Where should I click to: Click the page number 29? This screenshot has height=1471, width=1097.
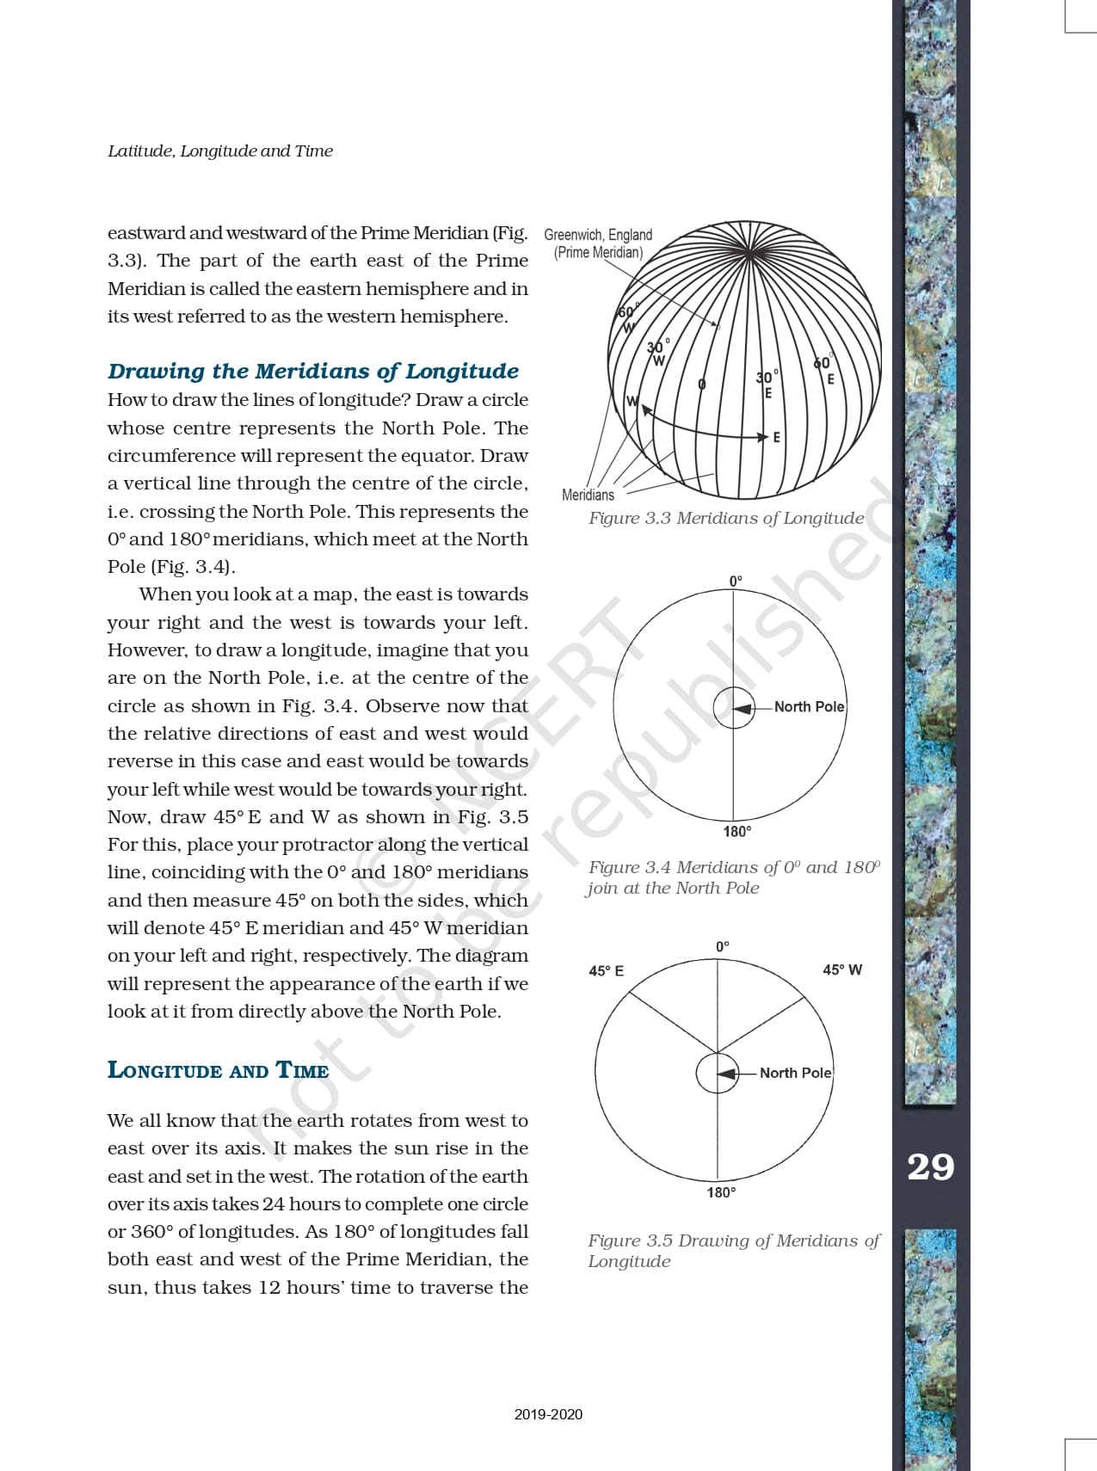click(x=931, y=1166)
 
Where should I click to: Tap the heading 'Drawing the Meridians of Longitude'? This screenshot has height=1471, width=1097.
click(x=313, y=371)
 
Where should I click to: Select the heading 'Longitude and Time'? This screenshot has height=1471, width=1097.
click(x=218, y=1070)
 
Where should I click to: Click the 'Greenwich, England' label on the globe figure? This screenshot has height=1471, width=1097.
click(x=598, y=235)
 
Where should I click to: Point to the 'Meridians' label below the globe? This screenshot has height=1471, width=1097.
click(x=588, y=495)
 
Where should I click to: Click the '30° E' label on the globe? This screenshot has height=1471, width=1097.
click(x=767, y=384)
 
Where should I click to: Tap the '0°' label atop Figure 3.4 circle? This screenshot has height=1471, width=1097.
click(x=736, y=582)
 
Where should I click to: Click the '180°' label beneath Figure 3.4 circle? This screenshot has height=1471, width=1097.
click(x=736, y=831)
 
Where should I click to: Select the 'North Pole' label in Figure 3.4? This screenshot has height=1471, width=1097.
click(x=809, y=706)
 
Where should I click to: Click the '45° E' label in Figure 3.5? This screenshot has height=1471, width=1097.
click(x=606, y=970)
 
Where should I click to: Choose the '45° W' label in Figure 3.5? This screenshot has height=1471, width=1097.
click(x=841, y=969)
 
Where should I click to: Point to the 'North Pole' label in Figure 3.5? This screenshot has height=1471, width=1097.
click(x=795, y=1073)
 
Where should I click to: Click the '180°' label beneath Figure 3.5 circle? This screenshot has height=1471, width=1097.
click(x=721, y=1192)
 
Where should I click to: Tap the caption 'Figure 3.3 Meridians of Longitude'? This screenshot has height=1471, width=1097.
click(x=726, y=518)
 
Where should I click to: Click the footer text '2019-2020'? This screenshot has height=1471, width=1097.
click(x=548, y=1414)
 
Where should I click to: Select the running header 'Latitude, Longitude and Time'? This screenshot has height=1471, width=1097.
click(x=220, y=151)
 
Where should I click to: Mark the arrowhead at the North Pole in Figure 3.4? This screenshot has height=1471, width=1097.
click(x=742, y=708)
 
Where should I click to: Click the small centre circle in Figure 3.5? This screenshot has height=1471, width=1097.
click(x=717, y=1073)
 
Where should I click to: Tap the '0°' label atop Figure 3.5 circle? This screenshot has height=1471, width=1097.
click(x=723, y=946)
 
